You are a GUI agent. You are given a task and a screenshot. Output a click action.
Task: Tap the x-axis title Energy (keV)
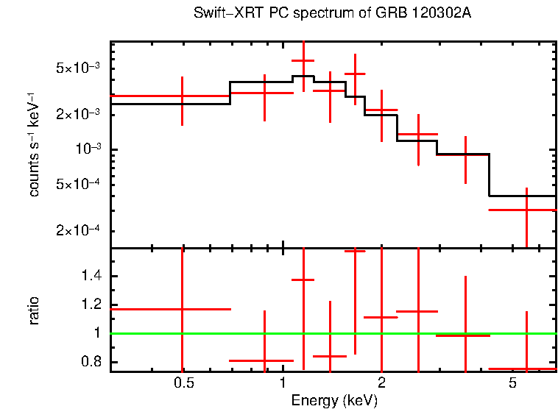[336, 400]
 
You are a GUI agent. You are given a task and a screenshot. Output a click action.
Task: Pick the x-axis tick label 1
[283, 383]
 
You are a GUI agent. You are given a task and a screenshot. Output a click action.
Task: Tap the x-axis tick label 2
[381, 383]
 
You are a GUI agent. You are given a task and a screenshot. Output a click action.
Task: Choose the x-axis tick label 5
[512, 383]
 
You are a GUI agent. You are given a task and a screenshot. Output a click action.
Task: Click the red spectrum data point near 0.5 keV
[182, 96]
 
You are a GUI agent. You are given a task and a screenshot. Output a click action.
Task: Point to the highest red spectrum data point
[303, 61]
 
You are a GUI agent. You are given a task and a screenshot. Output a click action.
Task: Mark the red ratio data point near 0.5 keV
[182, 310]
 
